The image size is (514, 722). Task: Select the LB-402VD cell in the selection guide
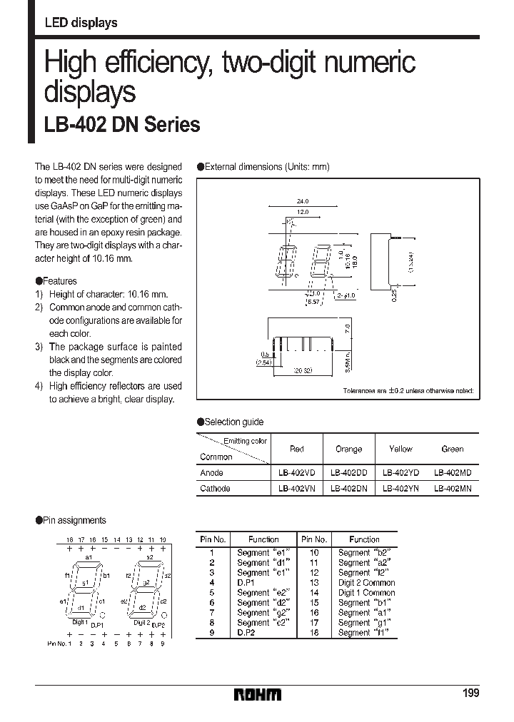coord(296,472)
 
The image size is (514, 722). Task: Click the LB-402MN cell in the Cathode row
coord(453,489)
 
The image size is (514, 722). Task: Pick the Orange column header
coord(348,449)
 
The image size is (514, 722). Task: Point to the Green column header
coord(453,449)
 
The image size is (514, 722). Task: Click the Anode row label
coord(212,472)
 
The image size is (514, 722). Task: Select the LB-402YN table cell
coord(400,489)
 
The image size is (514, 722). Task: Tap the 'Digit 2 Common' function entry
coord(366,583)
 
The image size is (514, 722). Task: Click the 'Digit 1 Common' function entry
coord(366,593)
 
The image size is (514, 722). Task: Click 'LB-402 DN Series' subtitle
coord(122,126)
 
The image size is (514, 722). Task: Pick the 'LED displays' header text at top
coord(81,23)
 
